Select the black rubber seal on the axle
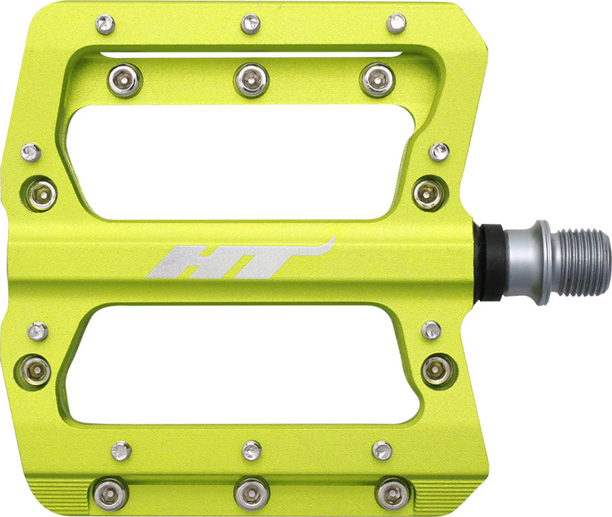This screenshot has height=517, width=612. click(488, 262)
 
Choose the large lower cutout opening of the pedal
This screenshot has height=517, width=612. click(245, 364)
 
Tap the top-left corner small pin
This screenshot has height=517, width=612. click(105, 24)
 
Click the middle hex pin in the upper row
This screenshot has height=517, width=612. click(251, 80)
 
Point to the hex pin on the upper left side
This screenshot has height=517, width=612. click(41, 195)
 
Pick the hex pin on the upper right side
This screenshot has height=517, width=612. click(429, 193)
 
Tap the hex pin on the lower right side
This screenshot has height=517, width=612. click(437, 370)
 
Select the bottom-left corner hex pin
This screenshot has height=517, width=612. click(109, 493)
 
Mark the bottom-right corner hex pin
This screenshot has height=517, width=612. click(393, 493)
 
